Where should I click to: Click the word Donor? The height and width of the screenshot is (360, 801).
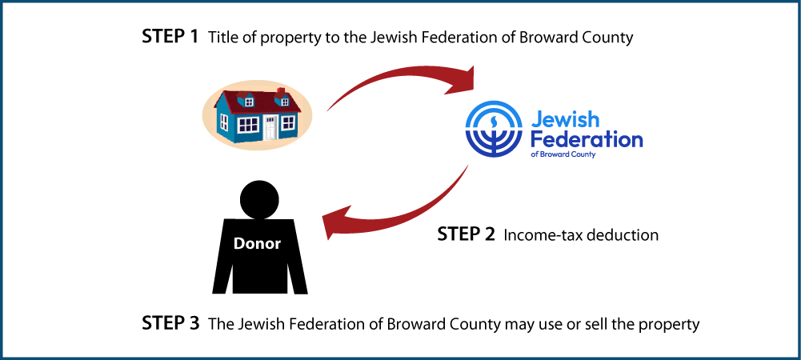[x=257, y=244]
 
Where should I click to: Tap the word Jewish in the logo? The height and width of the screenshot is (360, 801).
[x=564, y=120]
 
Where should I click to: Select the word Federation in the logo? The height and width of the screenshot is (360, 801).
[x=587, y=139]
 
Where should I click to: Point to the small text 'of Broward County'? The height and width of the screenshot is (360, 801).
[x=563, y=154]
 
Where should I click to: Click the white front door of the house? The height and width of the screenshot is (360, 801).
[x=270, y=128]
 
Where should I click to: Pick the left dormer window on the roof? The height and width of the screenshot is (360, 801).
[x=249, y=101]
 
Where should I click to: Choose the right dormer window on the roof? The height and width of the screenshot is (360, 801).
[x=284, y=102]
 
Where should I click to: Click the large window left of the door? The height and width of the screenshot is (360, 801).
[x=248, y=124]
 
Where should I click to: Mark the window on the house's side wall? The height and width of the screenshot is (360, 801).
[x=224, y=122]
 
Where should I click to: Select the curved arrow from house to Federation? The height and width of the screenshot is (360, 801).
[x=392, y=78]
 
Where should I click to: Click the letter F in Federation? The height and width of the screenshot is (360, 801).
[x=537, y=139]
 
